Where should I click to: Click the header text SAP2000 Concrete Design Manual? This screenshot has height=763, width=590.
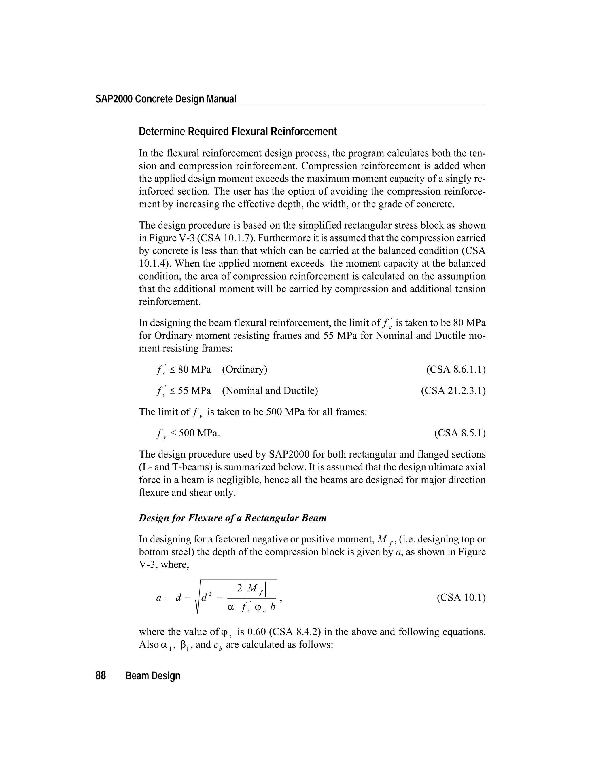coord(166,99)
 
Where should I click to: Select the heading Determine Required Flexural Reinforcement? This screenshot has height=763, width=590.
coord(238,132)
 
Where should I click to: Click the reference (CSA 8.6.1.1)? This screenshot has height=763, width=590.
coord(456,369)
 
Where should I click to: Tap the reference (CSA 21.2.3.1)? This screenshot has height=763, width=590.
coord(453,390)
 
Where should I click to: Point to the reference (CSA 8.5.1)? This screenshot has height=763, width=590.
coord(459,433)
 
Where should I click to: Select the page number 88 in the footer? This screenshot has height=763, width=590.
coord(101,676)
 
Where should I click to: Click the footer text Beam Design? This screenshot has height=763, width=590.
coord(153,676)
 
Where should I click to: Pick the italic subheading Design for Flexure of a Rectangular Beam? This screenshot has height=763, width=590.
coord(232,518)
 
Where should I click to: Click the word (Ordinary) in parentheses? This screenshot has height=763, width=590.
coord(245,369)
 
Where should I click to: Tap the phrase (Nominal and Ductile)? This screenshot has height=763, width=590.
coord(270,390)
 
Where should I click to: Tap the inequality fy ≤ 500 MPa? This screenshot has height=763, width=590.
coord(188,434)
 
